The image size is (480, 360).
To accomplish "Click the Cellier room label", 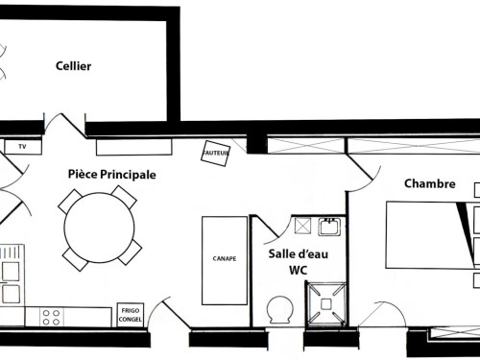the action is [73, 66].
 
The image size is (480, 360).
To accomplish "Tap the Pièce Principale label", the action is [112, 175].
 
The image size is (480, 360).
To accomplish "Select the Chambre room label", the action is [430, 183].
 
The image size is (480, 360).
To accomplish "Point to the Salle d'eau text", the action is [299, 254].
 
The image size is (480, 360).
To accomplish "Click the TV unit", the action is [23, 147].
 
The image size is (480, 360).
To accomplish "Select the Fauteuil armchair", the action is [216, 154].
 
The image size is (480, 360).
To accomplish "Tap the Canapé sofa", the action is [225, 261].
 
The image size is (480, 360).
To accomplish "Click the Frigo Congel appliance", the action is [131, 315].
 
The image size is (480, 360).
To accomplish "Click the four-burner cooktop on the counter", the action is [51, 317].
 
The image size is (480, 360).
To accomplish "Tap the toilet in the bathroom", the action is [280, 309].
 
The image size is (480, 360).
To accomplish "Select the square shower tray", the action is [325, 303].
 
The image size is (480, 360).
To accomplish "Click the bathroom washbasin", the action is [329, 227].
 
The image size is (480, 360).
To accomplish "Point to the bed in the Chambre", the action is [430, 235].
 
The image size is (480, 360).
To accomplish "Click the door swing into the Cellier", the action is [65, 126].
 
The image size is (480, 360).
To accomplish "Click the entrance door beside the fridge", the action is [171, 313].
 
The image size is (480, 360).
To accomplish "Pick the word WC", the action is [299, 271].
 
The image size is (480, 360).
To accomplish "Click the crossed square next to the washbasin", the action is [302, 226].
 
